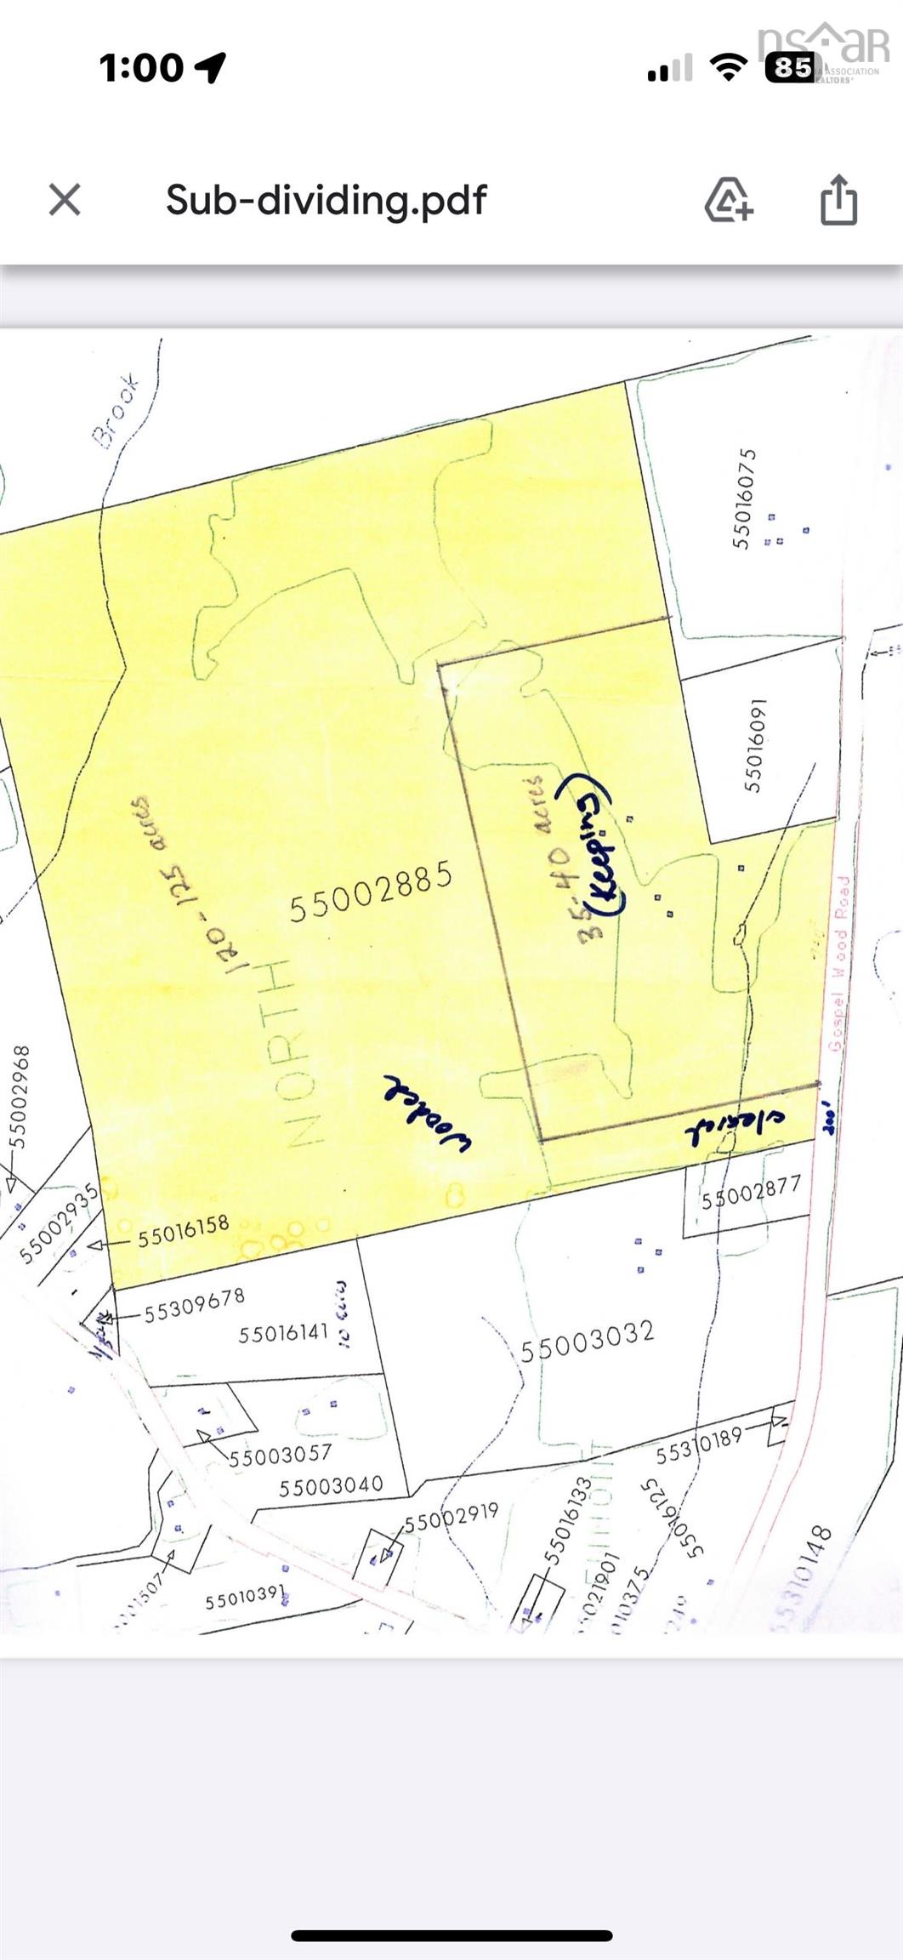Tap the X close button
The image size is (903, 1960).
(65, 200)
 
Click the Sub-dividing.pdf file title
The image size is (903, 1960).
(326, 200)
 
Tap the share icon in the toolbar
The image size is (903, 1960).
(838, 200)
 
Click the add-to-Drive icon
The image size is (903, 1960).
(729, 200)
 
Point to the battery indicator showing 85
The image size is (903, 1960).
(790, 67)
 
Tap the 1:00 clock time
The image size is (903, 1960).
(141, 67)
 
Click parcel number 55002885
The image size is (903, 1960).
(370, 892)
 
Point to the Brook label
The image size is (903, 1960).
(116, 411)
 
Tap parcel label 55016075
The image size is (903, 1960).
(744, 499)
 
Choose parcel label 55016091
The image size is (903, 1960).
(755, 745)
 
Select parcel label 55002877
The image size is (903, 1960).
(751, 1194)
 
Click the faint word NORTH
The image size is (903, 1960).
(293, 1052)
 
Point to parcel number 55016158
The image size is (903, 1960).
(184, 1230)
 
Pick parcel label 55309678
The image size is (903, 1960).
(194, 1305)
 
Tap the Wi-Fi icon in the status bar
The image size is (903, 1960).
(727, 67)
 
